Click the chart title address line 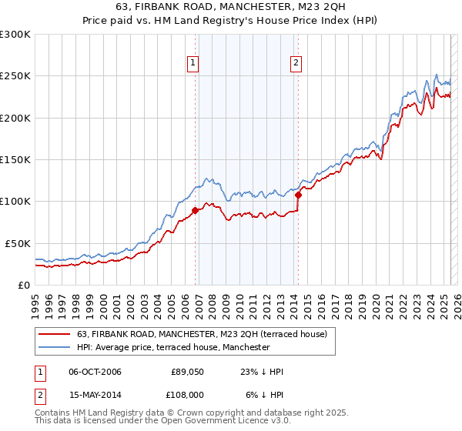(230, 8)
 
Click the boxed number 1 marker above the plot (192, 64)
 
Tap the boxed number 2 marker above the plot (296, 64)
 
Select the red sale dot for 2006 (196, 209)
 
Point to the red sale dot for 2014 (298, 195)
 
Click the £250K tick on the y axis (15, 76)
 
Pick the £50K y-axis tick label (18, 243)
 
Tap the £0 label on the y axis (24, 285)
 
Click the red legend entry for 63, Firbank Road (202, 334)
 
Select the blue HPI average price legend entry (173, 347)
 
